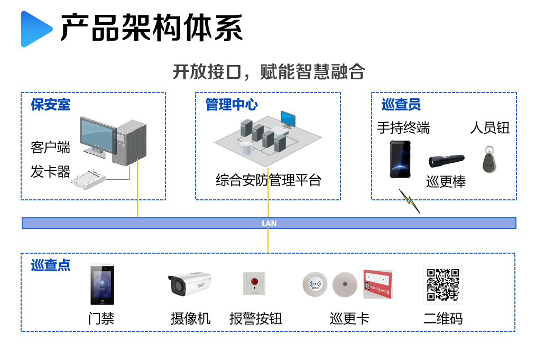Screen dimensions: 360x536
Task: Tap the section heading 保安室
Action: coord(50,105)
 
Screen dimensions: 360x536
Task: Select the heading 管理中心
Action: coord(232,105)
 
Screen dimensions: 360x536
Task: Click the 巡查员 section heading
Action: coord(401,105)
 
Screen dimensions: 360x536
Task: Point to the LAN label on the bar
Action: coord(269,224)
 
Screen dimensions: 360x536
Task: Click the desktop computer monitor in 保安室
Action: coord(98,135)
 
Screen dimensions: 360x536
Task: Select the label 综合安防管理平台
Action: coord(269,180)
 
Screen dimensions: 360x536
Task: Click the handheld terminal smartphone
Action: coord(400,159)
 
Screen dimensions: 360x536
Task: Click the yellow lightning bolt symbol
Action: coord(409,201)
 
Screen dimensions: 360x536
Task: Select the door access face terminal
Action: coord(102,284)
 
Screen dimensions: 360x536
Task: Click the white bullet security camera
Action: coord(189,284)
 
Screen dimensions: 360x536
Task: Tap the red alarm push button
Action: coord(255,283)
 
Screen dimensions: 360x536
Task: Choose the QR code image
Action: coord(442,284)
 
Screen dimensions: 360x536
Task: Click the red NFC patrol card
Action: coord(377,284)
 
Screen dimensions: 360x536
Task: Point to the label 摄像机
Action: coord(190,318)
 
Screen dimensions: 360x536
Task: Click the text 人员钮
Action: coord(489,128)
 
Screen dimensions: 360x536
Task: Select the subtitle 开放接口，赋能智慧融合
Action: coord(269,71)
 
